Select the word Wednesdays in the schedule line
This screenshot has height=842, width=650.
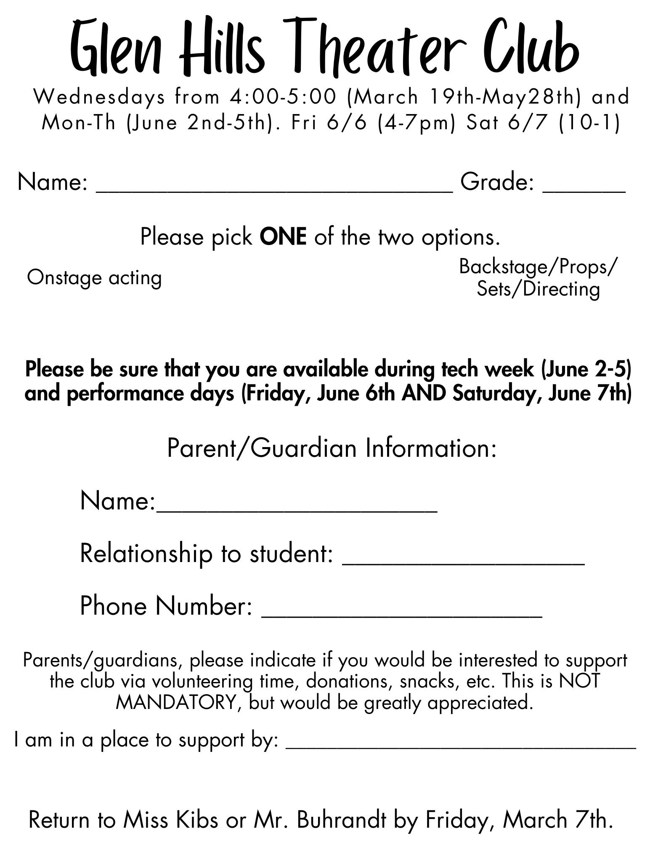99,97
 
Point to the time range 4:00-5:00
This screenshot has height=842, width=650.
284,97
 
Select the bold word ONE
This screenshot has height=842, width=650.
283,237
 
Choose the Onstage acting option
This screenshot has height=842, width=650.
94,278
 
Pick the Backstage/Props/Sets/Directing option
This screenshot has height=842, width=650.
538,278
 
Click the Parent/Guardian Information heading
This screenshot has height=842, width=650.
332,448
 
